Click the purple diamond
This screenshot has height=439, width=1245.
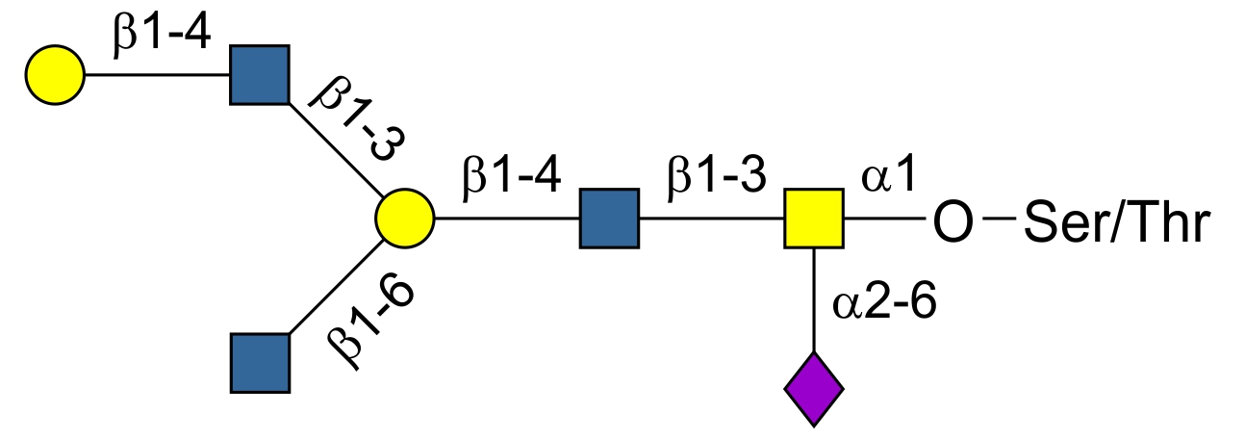814,389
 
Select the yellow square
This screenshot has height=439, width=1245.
814,219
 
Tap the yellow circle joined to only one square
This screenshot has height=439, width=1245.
55,74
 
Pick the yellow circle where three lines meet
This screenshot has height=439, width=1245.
405,219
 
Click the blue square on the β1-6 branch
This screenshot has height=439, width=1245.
260,363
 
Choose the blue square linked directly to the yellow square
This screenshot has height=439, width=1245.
609,219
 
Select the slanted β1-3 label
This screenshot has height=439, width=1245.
356,120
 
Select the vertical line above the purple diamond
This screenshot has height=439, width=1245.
814,299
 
